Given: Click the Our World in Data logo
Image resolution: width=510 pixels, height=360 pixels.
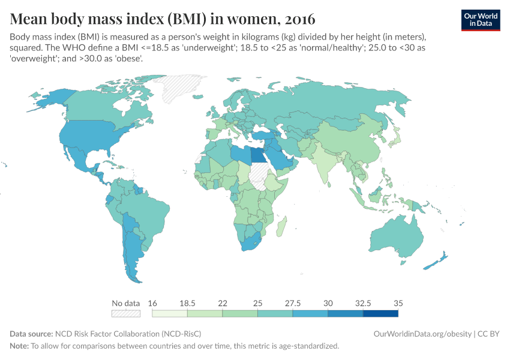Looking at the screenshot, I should [x=481, y=20].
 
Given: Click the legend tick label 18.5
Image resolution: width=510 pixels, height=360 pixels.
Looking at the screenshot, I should [x=187, y=303].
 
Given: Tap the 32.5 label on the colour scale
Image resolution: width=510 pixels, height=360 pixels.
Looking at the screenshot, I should [x=363, y=303].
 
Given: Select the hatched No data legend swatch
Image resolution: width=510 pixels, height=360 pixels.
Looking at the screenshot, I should [x=126, y=313].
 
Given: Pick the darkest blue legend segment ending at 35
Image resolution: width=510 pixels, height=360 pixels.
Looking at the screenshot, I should [x=380, y=313].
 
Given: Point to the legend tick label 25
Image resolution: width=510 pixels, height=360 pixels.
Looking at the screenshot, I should [x=257, y=303].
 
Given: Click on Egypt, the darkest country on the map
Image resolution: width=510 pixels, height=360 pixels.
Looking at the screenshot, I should [x=258, y=155].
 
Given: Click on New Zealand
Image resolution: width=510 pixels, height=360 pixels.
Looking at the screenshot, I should [x=436, y=262].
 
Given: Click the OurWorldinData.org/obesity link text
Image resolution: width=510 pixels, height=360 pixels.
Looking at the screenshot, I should [x=422, y=334].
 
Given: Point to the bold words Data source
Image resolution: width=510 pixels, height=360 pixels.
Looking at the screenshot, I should [x=31, y=334].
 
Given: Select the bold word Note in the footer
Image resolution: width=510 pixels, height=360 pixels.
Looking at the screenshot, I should [x=19, y=346].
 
